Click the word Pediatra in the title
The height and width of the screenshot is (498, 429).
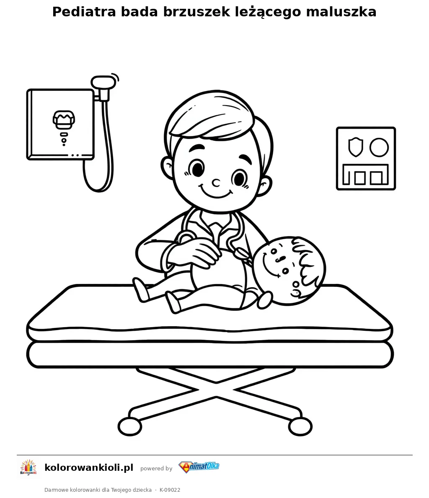point(84,12)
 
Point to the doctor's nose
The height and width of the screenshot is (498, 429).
point(216,183)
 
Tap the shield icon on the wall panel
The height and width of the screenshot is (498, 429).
point(356,147)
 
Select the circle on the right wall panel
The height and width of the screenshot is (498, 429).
point(379,147)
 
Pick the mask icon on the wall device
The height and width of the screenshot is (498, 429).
point(64,120)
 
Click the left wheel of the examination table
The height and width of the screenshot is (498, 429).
point(130,426)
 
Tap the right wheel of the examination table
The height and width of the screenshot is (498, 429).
point(300,426)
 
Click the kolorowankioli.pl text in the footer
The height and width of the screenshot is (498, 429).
point(89,467)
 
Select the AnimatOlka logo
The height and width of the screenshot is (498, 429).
point(199,467)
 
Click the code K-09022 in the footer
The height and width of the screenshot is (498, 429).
point(170,490)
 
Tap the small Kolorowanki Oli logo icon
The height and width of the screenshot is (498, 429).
point(28,468)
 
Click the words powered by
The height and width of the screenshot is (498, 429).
point(156,468)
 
